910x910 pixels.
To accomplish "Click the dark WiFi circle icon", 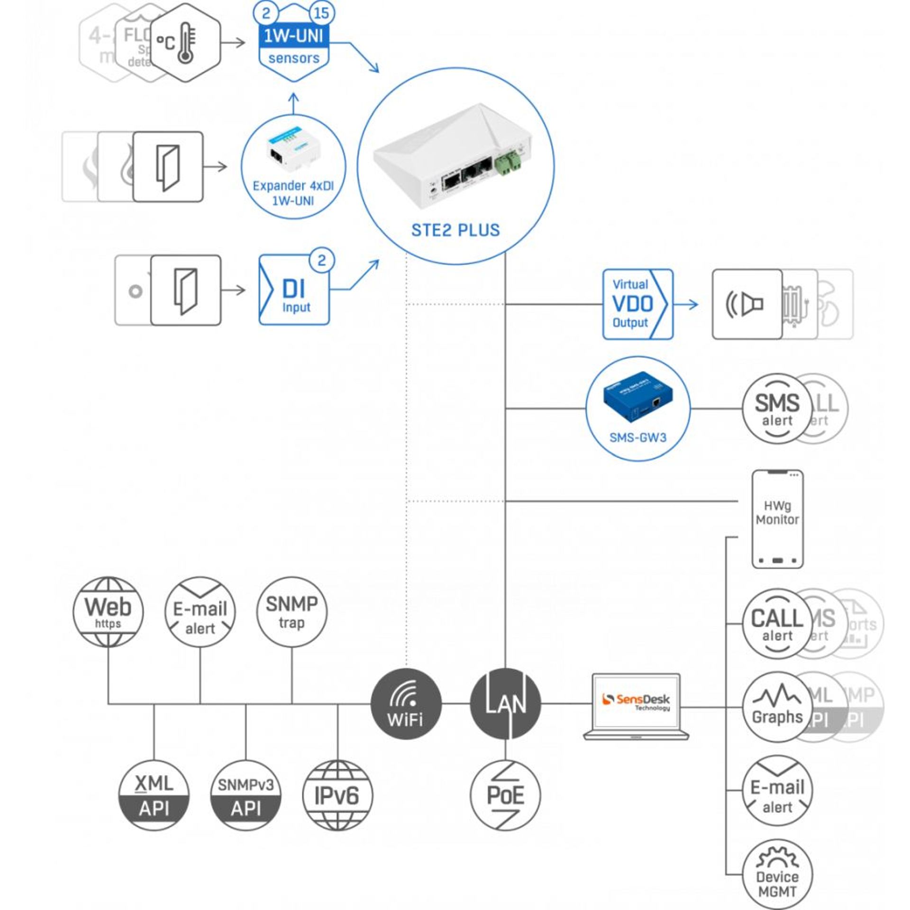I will click(x=406, y=704).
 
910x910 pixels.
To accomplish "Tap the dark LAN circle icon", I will click(x=505, y=703).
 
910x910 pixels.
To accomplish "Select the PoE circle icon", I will click(x=505, y=795).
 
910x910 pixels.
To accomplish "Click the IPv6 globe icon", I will click(x=337, y=795).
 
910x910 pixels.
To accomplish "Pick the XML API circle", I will click(x=154, y=795).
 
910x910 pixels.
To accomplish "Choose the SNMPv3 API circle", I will click(x=246, y=795).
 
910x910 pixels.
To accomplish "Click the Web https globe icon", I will click(x=108, y=612).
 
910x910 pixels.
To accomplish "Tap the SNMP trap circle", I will click(x=291, y=612).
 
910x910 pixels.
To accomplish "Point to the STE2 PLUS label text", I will click(x=455, y=230).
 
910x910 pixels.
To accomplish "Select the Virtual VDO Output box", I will click(x=637, y=304).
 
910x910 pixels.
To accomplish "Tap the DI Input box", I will click(x=294, y=290).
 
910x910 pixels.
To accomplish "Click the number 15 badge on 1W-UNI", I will click(x=321, y=13).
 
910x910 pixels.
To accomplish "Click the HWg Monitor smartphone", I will click(x=777, y=519).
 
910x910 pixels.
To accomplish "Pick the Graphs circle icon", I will click(x=777, y=707).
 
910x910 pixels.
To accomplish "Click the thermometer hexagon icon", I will click(x=186, y=43).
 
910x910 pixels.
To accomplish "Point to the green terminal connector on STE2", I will click(x=508, y=162).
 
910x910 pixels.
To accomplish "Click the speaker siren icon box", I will click(x=746, y=304).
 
